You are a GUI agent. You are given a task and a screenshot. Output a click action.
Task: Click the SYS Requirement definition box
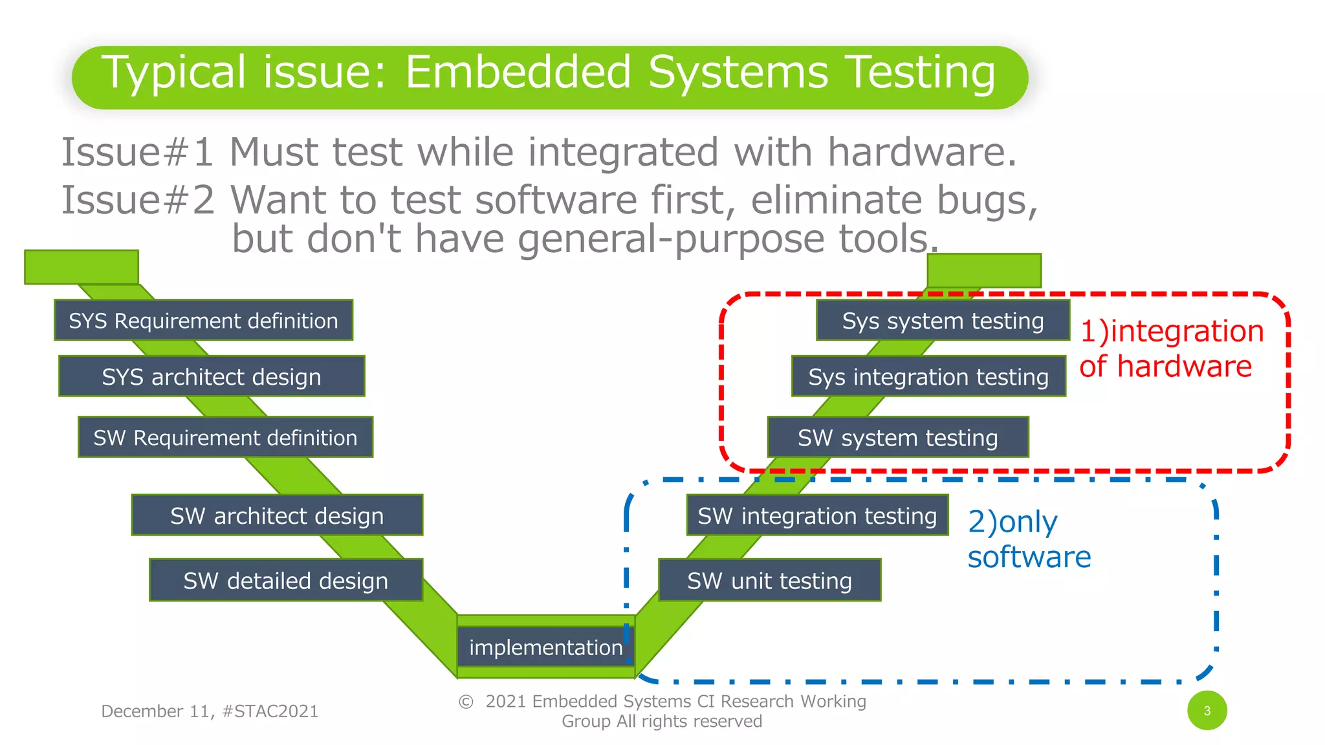tap(203, 320)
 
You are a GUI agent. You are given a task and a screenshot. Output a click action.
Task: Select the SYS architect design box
tap(212, 376)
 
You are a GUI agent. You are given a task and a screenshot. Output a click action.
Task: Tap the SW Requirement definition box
tap(225, 438)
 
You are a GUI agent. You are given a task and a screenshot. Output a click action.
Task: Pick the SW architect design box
tap(277, 515)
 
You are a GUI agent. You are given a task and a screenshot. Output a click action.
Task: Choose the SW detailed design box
tap(285, 580)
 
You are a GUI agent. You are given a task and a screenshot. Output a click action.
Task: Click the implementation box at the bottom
tap(545, 647)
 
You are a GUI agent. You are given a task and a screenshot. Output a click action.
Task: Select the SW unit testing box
tap(769, 580)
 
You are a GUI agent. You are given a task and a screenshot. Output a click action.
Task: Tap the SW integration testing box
tap(817, 515)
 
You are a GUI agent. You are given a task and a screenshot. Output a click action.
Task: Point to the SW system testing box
tap(897, 438)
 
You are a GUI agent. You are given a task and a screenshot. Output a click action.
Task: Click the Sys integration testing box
tap(928, 376)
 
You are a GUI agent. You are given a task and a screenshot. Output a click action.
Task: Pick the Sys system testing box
tap(943, 320)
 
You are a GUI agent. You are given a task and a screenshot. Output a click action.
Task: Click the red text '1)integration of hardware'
tap(1171, 349)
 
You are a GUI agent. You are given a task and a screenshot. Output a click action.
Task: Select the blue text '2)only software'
tap(1029, 539)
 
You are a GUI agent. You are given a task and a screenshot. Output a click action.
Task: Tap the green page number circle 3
tap(1207, 711)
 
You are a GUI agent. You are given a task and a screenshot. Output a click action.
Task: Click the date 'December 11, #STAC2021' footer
tap(210, 711)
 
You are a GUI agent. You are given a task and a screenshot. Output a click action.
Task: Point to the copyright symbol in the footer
tap(466, 702)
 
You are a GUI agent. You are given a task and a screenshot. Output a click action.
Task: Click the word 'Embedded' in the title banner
tap(518, 72)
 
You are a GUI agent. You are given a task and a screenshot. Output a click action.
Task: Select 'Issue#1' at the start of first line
tap(137, 153)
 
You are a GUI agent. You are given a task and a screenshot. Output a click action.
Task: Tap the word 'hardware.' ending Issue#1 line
tap(922, 153)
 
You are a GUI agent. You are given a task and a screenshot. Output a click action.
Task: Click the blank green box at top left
tap(82, 267)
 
